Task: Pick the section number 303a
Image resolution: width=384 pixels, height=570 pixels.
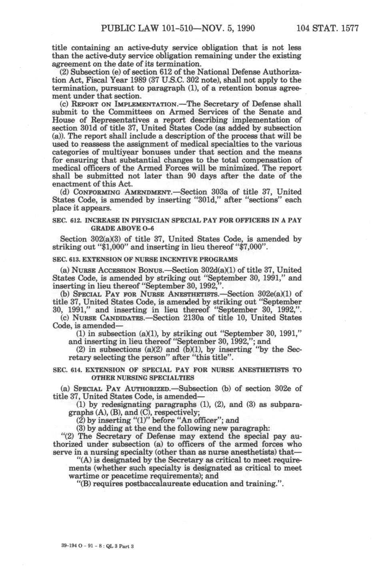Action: coord(225,192)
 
